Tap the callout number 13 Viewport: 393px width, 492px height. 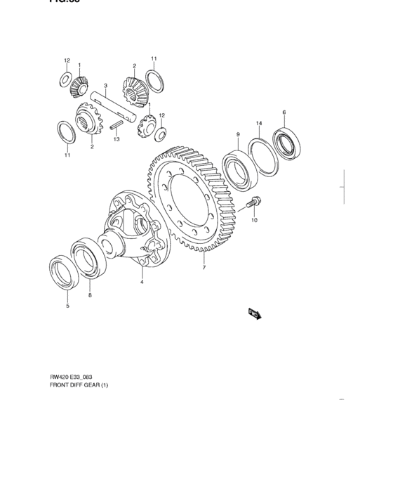(117, 139)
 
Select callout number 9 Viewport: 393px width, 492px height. (238, 134)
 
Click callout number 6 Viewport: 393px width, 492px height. (284, 112)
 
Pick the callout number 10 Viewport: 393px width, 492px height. (255, 220)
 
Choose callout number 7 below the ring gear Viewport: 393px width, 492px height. (204, 268)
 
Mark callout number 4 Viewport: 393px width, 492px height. (141, 282)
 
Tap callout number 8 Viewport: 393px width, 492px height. (90, 296)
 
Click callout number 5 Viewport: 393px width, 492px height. (67, 306)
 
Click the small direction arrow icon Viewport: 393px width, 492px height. (254, 313)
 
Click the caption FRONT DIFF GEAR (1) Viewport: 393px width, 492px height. (79, 385)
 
